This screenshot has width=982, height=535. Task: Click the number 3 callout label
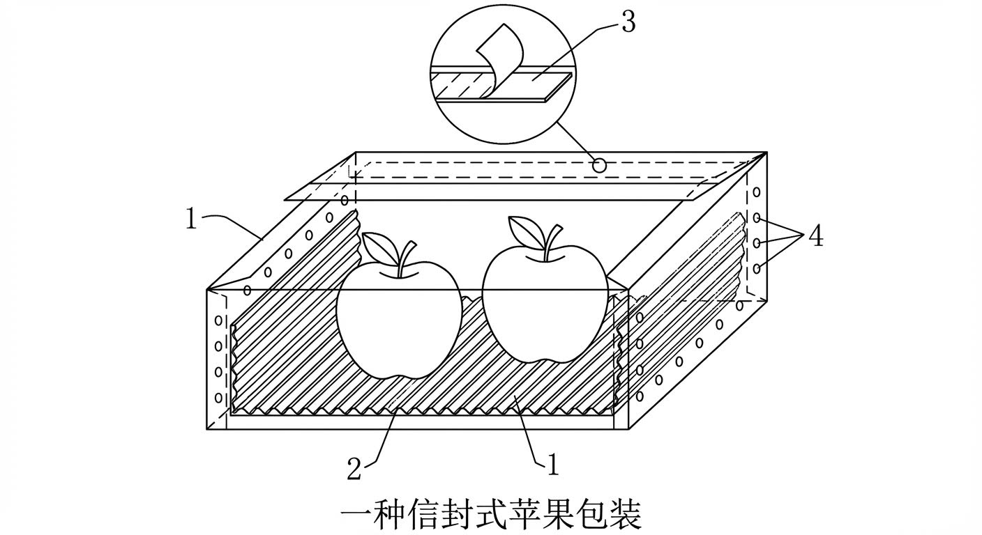point(628,22)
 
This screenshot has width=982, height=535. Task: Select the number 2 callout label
point(354,469)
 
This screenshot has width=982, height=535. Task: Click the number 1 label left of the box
point(192,219)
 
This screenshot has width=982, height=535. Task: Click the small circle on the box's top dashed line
point(598,166)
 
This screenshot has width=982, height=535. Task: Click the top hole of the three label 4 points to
point(757,219)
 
